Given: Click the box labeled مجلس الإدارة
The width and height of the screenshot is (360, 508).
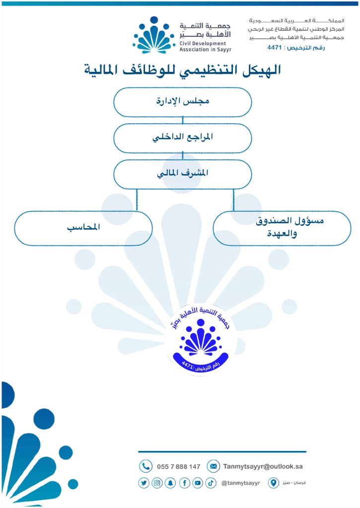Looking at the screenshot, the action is point(183,102).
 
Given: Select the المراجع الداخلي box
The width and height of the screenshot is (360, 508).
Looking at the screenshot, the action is point(183,138).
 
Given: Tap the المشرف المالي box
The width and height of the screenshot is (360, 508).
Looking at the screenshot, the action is point(183,174).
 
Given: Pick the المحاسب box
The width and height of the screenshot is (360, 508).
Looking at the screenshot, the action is point(83,228).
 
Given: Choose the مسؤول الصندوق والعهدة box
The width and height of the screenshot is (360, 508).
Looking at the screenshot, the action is point(282,228).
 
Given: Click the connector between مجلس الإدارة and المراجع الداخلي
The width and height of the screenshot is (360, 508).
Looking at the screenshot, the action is point(183,120).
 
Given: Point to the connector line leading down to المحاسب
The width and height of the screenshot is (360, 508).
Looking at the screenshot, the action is point(137,200).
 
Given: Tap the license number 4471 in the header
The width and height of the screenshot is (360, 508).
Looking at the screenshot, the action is point(275,48).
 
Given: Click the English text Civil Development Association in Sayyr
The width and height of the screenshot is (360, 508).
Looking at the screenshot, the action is point(205,46).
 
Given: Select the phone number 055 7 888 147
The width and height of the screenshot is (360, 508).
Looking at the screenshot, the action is point(178,467).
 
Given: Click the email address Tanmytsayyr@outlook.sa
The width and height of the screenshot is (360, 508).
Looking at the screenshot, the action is point(263,466).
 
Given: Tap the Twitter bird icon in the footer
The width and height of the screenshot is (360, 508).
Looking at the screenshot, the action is point(144,483).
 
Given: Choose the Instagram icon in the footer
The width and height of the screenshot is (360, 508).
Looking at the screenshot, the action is point(157,483).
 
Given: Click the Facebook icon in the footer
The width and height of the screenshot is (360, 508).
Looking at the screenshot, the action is point(184,483).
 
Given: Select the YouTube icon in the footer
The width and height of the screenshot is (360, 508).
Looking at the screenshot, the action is point(198,483).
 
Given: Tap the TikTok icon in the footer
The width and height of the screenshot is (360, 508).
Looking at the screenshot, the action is point(211,483).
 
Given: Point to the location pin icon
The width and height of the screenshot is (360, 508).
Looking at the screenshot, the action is point(274,483).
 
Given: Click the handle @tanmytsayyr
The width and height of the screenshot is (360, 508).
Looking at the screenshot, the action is point(241,483).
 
